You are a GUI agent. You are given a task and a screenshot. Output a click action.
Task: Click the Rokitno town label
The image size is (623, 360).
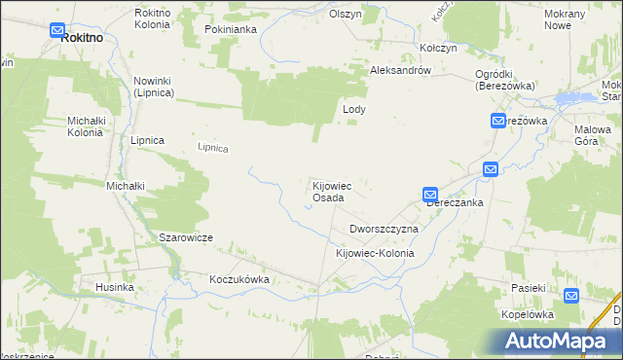(82, 37)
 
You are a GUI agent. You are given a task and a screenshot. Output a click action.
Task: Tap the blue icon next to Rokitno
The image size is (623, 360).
(58, 31)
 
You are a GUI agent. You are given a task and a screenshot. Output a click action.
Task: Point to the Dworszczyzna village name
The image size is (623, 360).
(384, 229)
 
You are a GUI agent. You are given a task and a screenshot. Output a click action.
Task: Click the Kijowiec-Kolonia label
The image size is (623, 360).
(375, 253)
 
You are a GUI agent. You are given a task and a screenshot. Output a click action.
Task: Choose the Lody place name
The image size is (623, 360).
(354, 110)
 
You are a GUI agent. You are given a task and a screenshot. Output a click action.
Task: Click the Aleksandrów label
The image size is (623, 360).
(407, 72)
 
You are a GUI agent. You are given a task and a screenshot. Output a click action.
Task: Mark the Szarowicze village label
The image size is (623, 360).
(186, 237)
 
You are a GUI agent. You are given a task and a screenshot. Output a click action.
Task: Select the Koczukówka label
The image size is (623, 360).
(238, 279)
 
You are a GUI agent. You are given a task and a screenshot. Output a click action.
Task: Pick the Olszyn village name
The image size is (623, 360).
(346, 15)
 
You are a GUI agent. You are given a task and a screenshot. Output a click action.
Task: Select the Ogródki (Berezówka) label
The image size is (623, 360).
(501, 79)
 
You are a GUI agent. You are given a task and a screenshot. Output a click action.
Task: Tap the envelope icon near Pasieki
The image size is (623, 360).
(571, 296)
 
